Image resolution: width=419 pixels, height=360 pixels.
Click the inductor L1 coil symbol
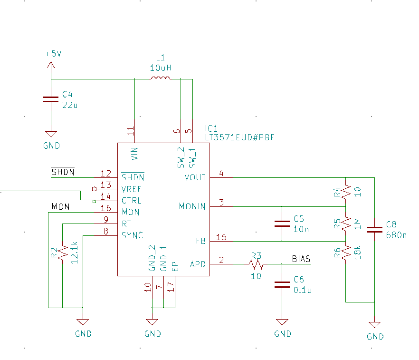(160, 79)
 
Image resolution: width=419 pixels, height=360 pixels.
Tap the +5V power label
(53, 54)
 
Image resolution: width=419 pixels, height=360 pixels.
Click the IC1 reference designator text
(211, 128)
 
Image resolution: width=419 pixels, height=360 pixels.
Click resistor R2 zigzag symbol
(62, 253)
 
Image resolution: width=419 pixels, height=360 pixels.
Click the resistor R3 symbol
(256, 264)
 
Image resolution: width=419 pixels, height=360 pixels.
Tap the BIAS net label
(301, 259)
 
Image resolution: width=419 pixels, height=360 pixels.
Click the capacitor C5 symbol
(282, 224)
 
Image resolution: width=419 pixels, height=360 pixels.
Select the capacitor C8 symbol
(375, 229)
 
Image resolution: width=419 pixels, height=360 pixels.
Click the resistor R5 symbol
(346, 224)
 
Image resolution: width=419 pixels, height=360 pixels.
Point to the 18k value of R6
(357, 252)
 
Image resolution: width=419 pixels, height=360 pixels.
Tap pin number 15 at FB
(221, 237)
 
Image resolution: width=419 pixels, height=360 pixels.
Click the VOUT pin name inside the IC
(195, 177)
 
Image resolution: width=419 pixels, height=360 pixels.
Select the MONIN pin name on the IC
(192, 206)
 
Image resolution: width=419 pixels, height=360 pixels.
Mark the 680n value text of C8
(396, 234)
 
